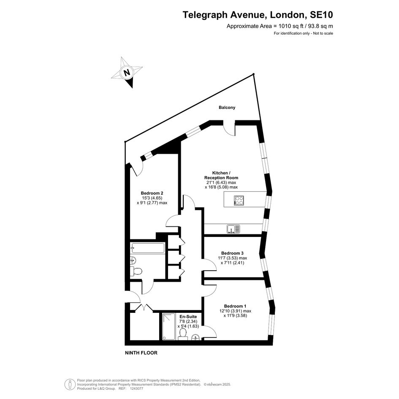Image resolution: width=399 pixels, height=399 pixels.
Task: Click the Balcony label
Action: tap(227, 107)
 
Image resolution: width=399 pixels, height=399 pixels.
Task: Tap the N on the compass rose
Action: tap(127, 72)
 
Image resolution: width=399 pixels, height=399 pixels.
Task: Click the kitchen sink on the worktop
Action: tap(233, 229)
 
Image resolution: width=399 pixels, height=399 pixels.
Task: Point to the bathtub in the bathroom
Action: tap(148, 248)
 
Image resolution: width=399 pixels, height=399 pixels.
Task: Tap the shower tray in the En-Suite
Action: tap(169, 326)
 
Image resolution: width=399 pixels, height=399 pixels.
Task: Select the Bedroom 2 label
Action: tap(152, 193)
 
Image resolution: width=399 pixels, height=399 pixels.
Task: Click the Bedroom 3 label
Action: tap(232, 253)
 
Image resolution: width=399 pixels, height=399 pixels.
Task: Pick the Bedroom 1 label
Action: tap(235, 306)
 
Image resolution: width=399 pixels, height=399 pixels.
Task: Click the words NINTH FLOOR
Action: tap(141, 353)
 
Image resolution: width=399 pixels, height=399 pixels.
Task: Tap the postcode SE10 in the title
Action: tap(321, 15)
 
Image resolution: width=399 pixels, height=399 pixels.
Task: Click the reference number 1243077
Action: tap(137, 388)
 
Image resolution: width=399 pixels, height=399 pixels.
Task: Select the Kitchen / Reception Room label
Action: tap(221, 175)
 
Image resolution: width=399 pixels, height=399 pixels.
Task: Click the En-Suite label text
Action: tap(188, 317)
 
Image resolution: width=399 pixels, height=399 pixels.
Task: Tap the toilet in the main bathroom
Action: tap(136, 271)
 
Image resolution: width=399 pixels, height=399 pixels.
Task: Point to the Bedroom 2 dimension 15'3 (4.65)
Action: tap(152, 198)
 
